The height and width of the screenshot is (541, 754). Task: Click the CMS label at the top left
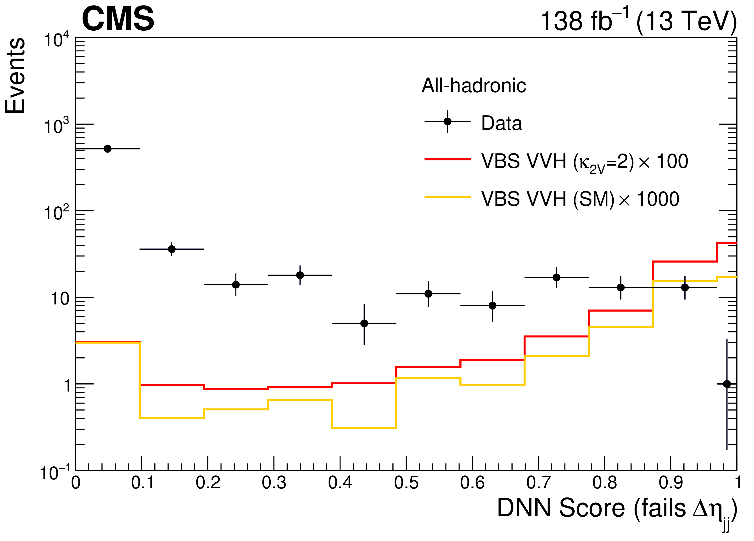coord(118,19)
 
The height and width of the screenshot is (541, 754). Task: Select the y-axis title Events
coord(15,76)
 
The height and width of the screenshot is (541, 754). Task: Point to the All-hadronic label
coord(474,85)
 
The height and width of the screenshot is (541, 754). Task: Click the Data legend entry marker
coord(447,121)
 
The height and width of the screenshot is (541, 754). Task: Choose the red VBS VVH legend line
coord(447,160)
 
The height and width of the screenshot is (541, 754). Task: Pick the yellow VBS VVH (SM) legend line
coord(447,197)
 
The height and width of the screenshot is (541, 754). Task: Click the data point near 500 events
coord(107,149)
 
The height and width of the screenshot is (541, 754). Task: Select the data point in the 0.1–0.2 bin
coord(172,249)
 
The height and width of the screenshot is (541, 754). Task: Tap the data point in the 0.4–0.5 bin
coord(364,323)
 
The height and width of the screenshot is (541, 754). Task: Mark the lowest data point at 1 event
coord(727,384)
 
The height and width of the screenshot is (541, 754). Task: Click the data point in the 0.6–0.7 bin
coord(492,306)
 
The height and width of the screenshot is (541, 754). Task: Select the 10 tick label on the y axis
coord(60,299)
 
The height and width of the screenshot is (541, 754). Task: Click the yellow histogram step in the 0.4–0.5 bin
coord(364,428)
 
